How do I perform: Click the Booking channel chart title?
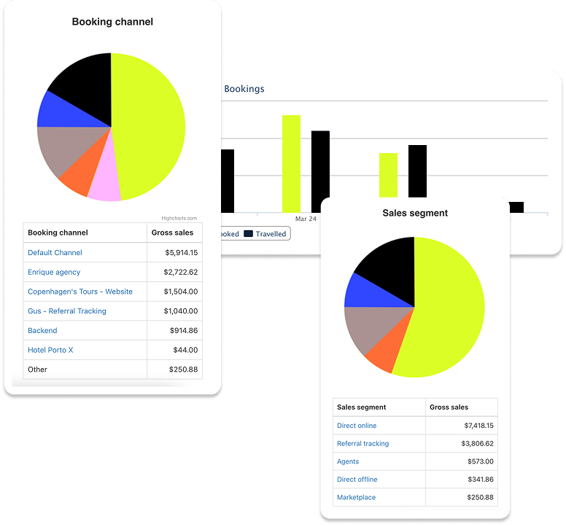(112, 22)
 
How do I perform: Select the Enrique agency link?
(54, 272)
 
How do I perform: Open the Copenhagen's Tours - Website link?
(80, 292)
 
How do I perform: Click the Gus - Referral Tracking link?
(67, 311)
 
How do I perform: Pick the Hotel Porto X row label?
(50, 350)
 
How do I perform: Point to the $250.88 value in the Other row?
(182, 370)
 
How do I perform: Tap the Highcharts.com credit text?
(179, 218)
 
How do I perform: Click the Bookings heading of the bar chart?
(244, 89)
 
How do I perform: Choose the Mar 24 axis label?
(306, 219)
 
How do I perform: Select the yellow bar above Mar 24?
(291, 163)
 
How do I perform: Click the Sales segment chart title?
(415, 213)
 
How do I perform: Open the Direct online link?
(357, 426)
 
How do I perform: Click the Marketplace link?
(356, 497)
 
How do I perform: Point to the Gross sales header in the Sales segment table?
(449, 407)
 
